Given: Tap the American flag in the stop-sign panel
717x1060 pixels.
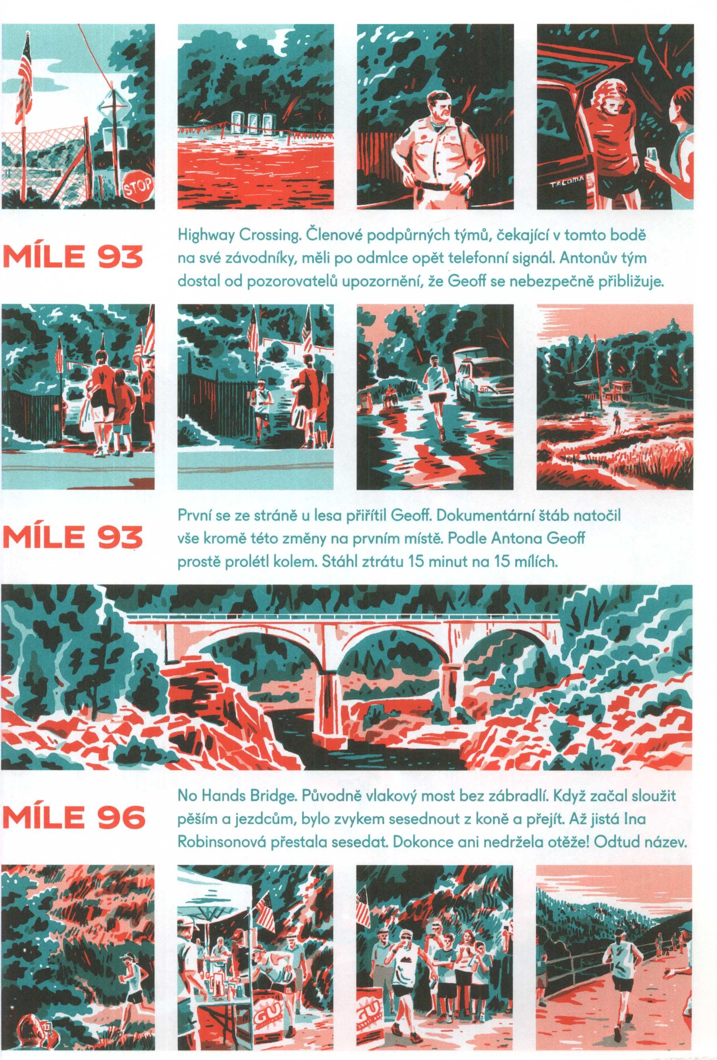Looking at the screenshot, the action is (25, 77).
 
